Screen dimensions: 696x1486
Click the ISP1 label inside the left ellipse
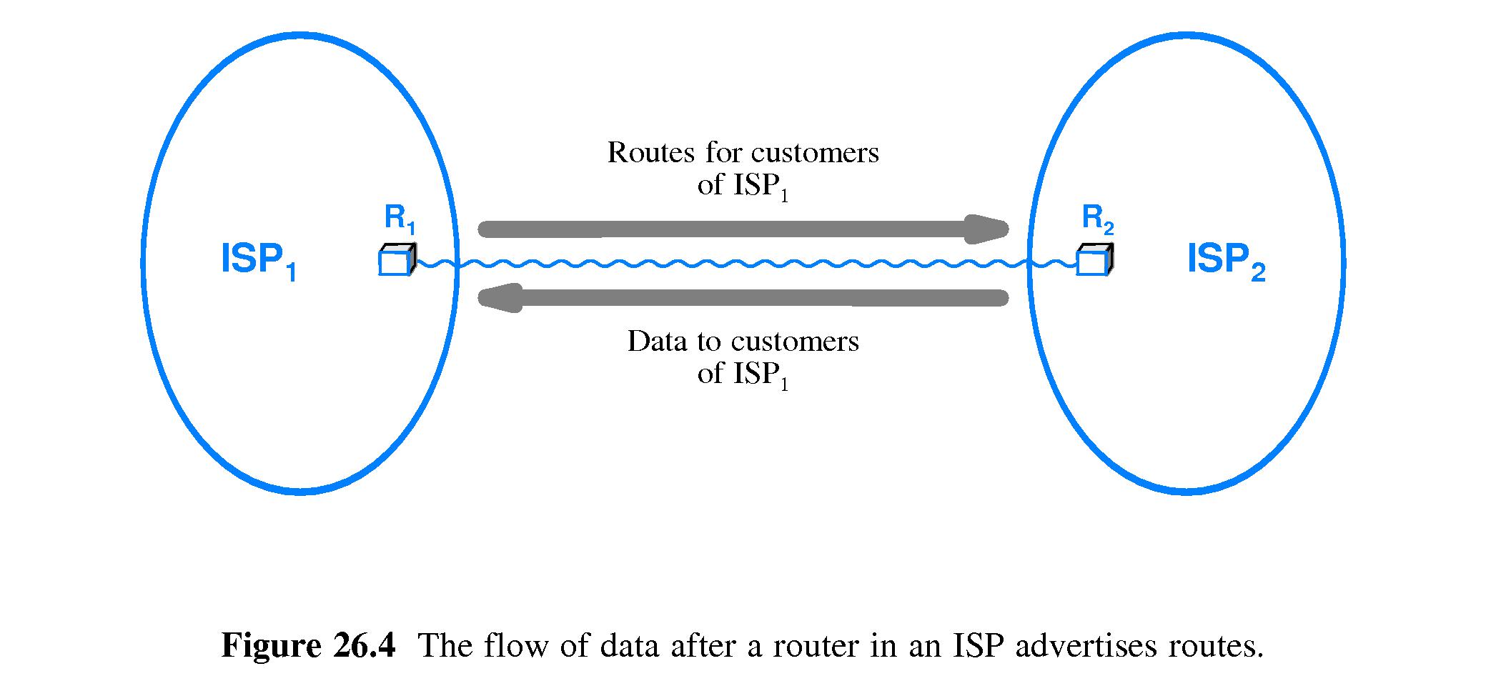click(x=259, y=261)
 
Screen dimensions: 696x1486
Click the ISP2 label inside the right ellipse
click(x=1226, y=261)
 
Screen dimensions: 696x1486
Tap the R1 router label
click(x=400, y=217)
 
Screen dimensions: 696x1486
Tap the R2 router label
click(x=1098, y=217)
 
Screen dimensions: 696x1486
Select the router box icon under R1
click(x=396, y=260)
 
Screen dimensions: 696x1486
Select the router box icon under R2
click(x=1094, y=260)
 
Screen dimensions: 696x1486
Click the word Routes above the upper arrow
click(x=650, y=152)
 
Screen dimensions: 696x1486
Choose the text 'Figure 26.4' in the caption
click(x=308, y=646)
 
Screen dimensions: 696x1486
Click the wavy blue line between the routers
click(x=743, y=264)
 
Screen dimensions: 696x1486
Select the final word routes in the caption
click(x=1215, y=646)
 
